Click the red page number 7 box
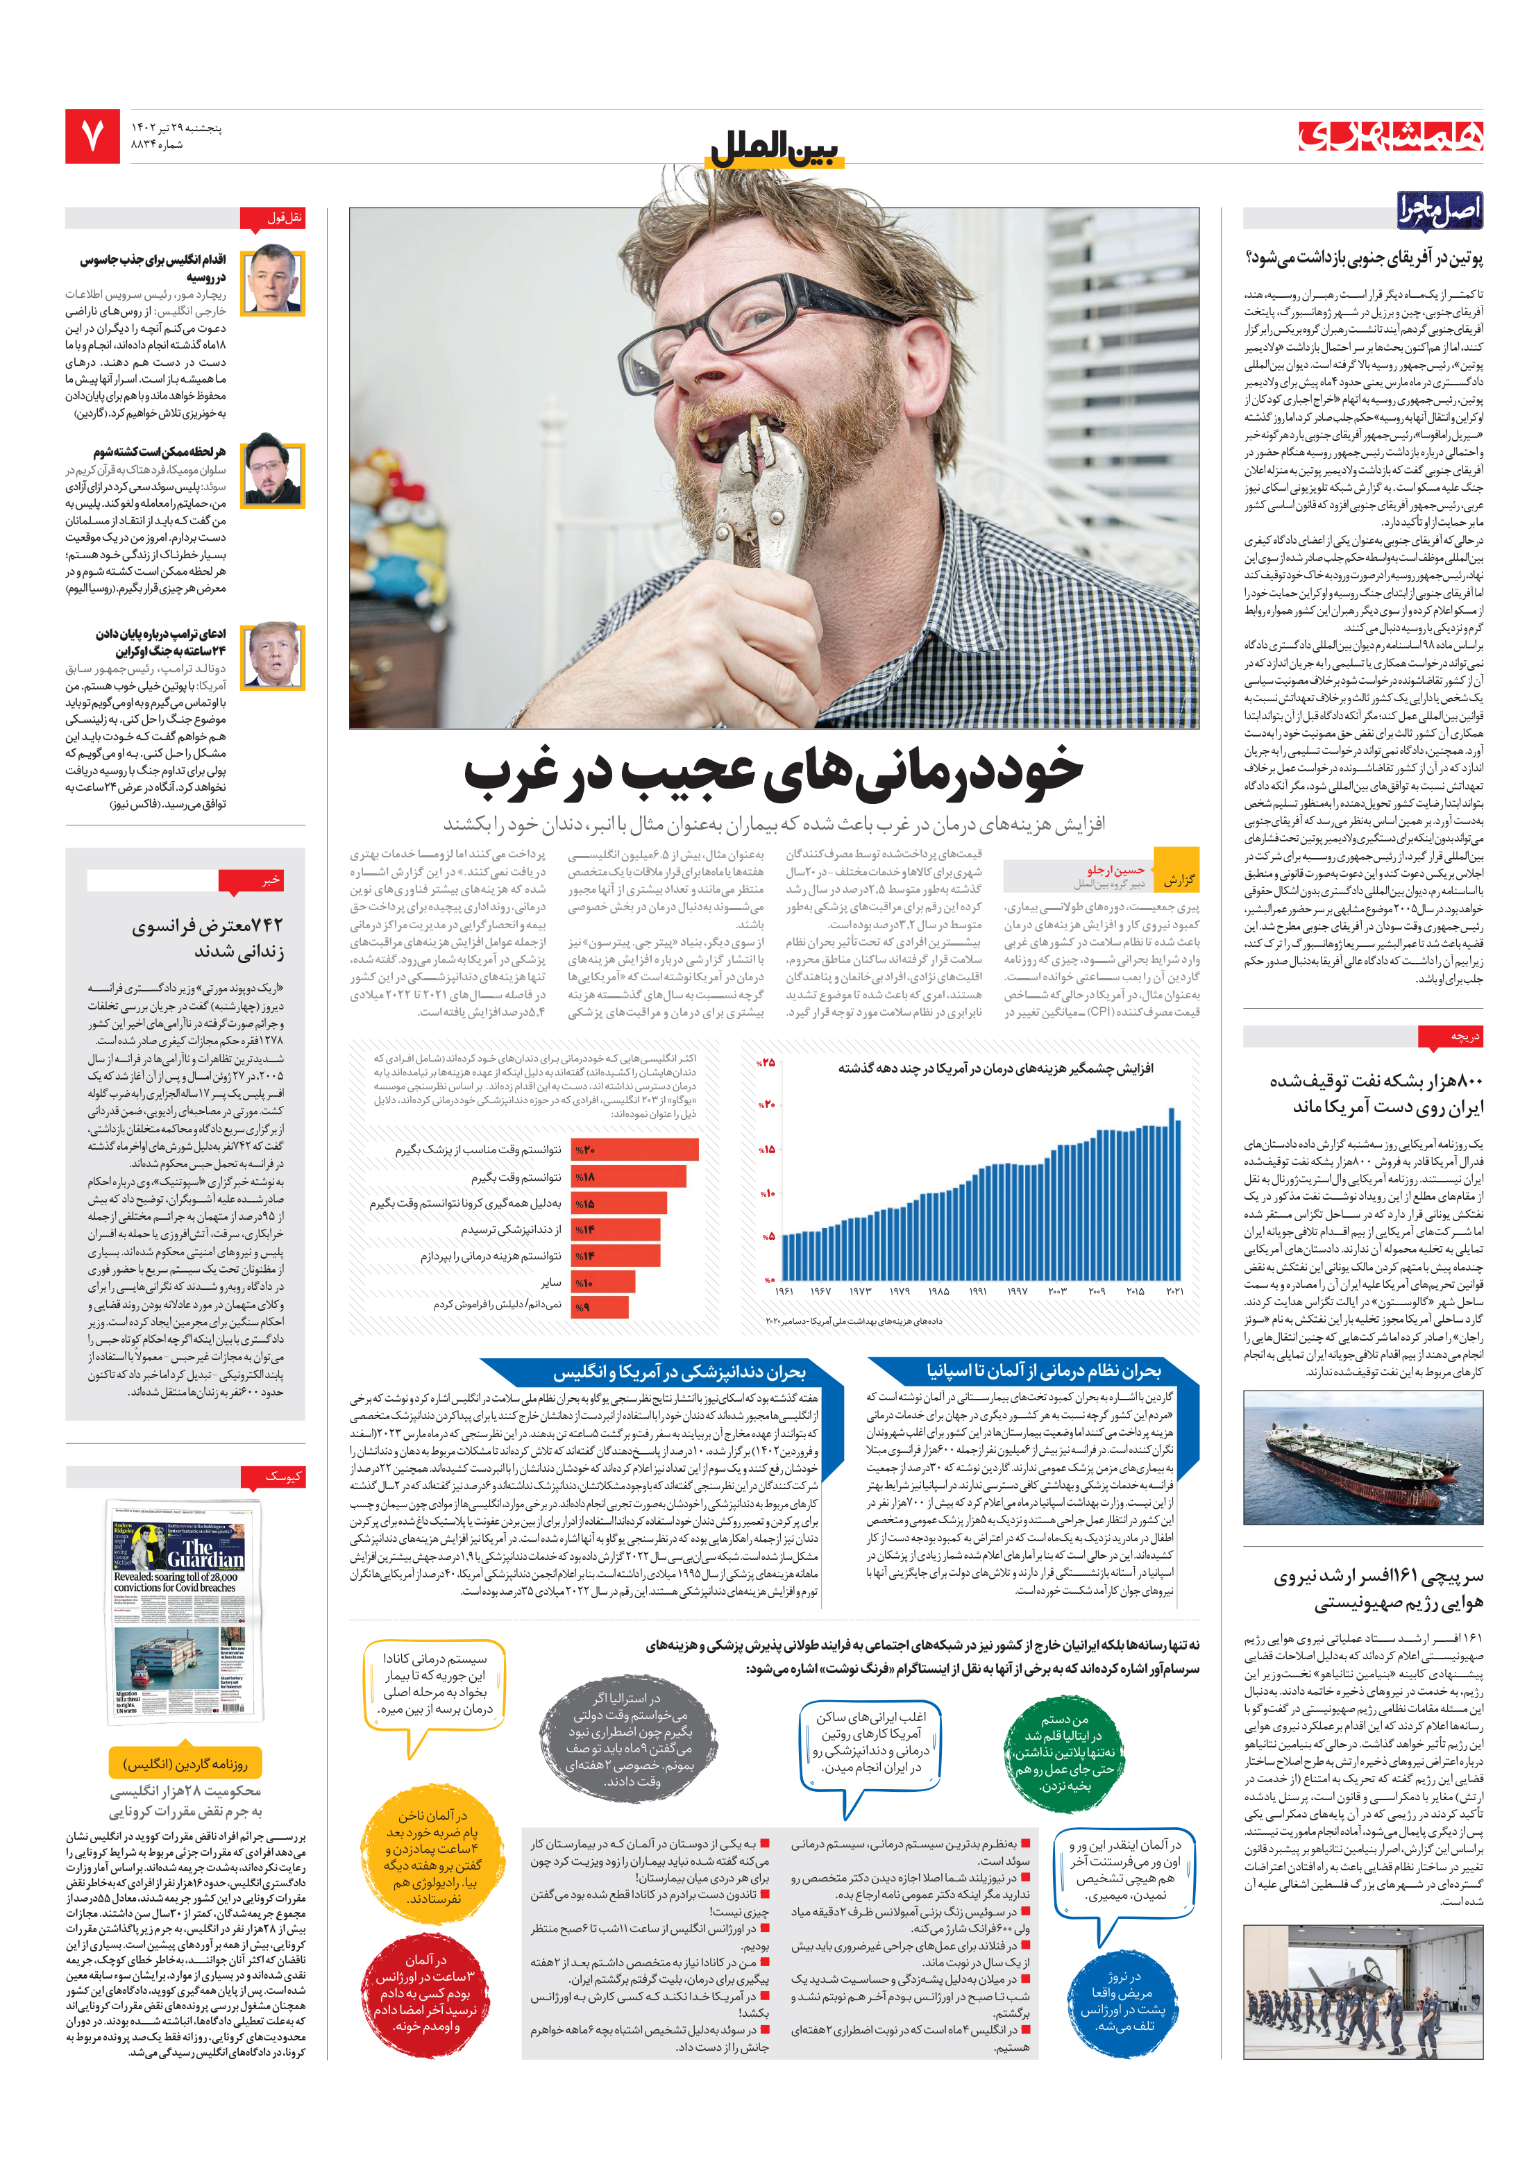click(92, 136)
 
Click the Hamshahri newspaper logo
click(1390, 136)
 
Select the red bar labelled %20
click(634, 1150)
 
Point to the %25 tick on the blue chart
click(766, 1061)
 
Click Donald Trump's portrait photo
click(273, 656)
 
